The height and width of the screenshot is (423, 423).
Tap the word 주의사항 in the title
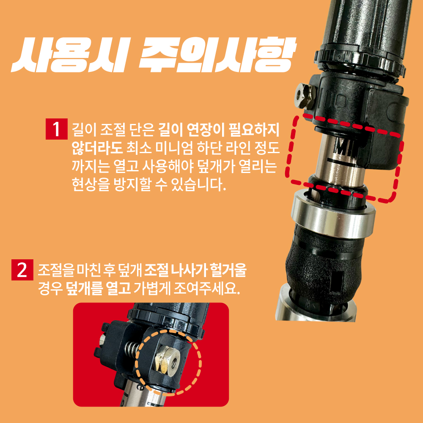(x=216, y=56)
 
